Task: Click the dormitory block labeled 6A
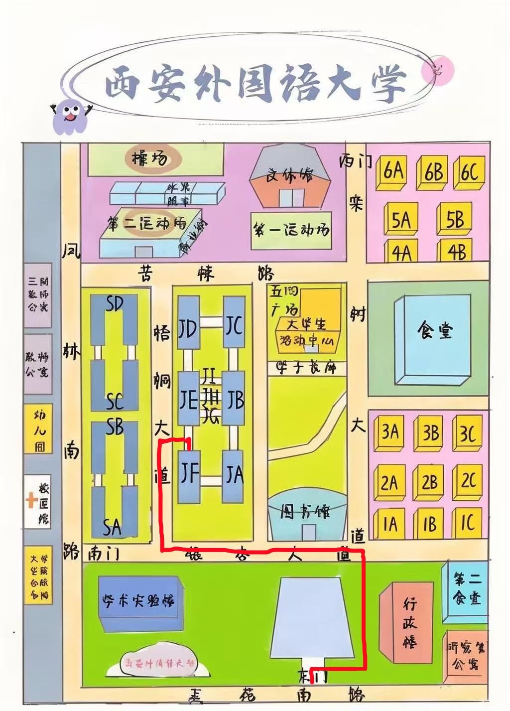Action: point(393,172)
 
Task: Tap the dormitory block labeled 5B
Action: point(454,220)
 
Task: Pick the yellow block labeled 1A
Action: point(391,524)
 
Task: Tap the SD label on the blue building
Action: point(115,303)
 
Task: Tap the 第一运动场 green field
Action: point(292,231)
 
